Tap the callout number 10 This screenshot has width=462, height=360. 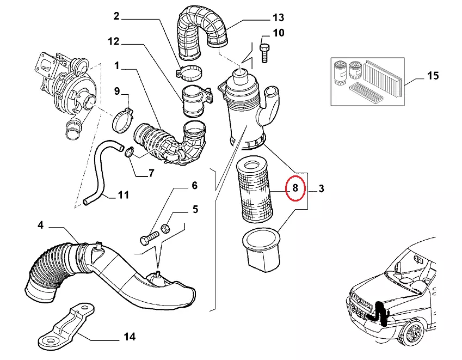tap(278, 33)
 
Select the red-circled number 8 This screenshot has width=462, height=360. tap(294, 189)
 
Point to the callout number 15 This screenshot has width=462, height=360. tap(433, 76)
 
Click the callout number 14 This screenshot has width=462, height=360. tap(129, 337)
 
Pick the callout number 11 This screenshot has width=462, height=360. tap(123, 194)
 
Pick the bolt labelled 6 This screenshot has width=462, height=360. tap(150, 238)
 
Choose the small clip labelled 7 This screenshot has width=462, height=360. tap(129, 151)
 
